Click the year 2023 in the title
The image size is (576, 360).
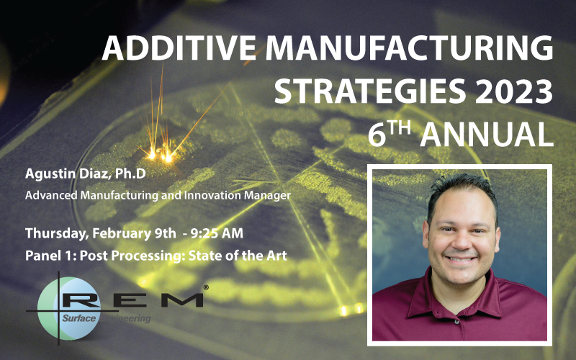point(509,91)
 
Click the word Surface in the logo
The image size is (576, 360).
point(77,316)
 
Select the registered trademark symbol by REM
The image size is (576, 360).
point(206,287)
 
